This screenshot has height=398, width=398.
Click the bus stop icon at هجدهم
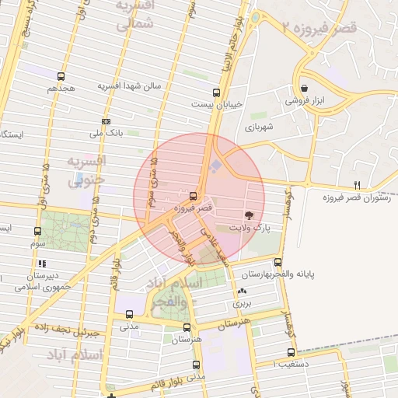click(61, 76)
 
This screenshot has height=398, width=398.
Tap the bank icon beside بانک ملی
click(106, 121)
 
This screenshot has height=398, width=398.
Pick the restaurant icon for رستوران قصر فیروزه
click(357, 184)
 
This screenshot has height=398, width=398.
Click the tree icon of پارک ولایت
click(249, 215)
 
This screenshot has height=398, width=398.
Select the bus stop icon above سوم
click(38, 231)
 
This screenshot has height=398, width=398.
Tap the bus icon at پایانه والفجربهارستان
click(278, 262)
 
